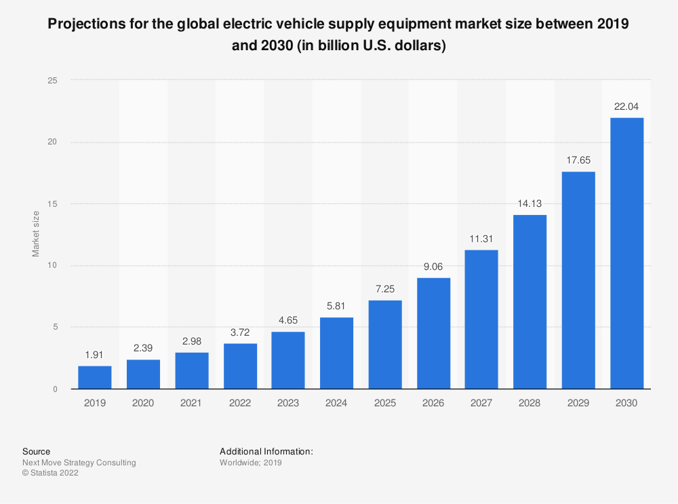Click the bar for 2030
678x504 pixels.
tap(626, 253)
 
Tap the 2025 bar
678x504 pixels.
tap(385, 345)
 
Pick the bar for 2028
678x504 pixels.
tap(530, 302)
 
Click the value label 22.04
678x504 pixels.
tap(626, 106)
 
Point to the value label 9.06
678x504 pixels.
tap(433, 267)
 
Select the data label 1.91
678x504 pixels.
tap(95, 355)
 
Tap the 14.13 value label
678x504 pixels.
tap(530, 203)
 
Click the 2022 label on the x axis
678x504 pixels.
tap(240, 403)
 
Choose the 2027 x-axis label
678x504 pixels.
tap(481, 403)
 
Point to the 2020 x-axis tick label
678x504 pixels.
tap(143, 403)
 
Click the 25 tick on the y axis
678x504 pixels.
tap(52, 80)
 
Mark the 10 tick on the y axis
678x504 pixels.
tap(52, 265)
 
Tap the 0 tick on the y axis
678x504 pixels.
tap(55, 389)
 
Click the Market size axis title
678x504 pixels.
tap(36, 234)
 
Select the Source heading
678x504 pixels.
tap(36, 451)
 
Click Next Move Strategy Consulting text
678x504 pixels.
tap(79, 463)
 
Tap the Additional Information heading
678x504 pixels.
tap(266, 451)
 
